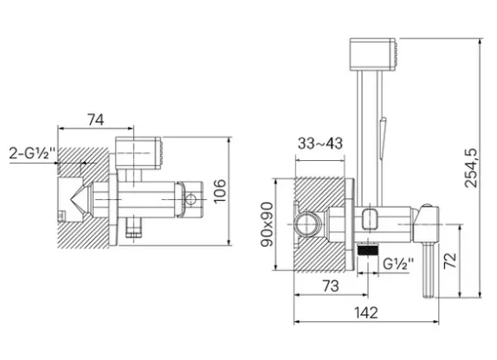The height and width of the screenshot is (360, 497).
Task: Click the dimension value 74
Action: tap(96, 119)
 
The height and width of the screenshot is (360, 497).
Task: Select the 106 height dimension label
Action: tap(219, 191)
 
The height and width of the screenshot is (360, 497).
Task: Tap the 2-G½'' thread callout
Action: tap(32, 153)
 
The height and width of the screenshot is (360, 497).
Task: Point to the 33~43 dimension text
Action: tap(320, 144)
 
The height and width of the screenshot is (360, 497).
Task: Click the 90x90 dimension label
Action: tap(267, 224)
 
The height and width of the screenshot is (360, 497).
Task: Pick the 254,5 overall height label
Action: tap(471, 168)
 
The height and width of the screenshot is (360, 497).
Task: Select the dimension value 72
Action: tap(450, 260)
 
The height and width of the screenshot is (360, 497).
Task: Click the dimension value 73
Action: tap(331, 286)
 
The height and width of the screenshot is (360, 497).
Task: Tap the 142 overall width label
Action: tap(365, 312)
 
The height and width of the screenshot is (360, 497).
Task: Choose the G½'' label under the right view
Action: tap(398, 264)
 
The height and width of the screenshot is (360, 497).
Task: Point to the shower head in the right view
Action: tap(373, 55)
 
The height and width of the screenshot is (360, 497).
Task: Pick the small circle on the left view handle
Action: tap(190, 200)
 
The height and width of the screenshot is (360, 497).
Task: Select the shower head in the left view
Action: tap(139, 153)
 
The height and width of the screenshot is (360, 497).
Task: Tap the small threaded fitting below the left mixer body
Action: tap(133, 228)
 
